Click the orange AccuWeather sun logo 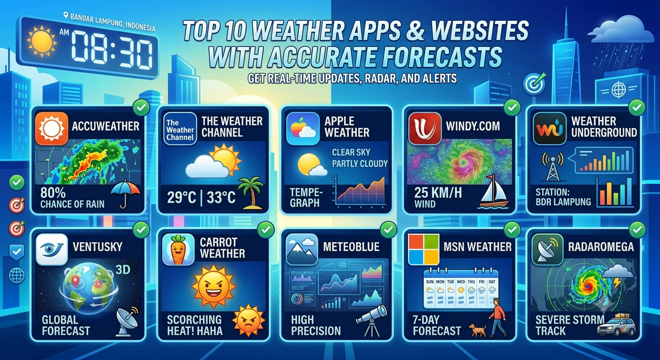click(52, 129)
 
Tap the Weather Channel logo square click(180, 129)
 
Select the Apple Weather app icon click(303, 129)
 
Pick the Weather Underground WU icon click(550, 129)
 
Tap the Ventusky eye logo click(52, 249)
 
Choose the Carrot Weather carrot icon click(178, 250)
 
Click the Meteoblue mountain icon click(302, 249)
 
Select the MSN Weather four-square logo click(423, 249)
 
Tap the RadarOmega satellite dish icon click(547, 250)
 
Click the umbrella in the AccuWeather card click(125, 194)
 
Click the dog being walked click(477, 330)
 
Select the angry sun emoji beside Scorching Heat click(248, 321)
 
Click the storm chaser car click(616, 328)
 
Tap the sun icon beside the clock click(42, 41)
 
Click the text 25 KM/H click(438, 193)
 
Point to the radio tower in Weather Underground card click(553, 166)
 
